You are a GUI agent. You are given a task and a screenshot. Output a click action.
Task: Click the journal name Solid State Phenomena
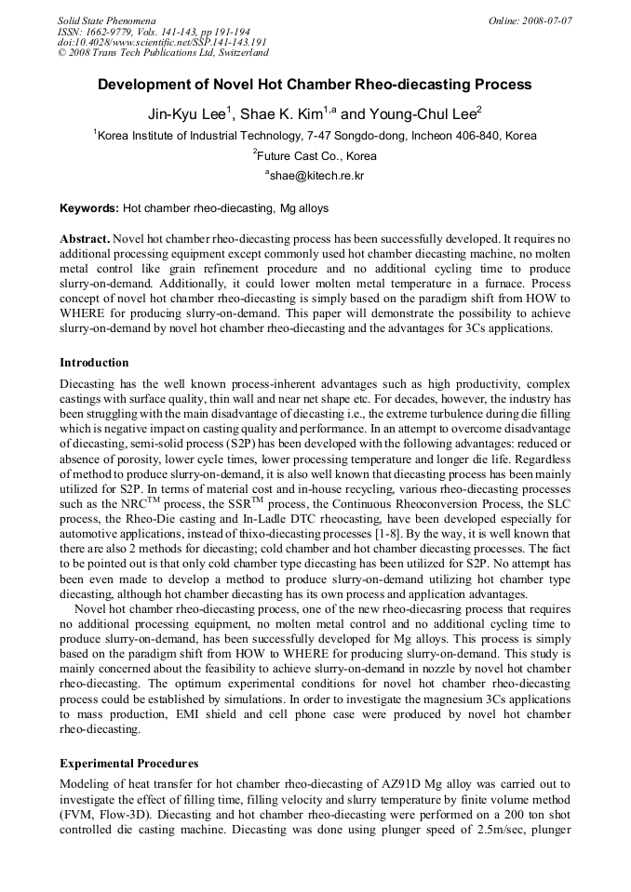tap(106, 20)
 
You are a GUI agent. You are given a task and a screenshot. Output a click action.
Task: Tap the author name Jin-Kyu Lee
tap(188, 114)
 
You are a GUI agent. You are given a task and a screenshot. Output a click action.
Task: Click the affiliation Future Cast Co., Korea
tap(316, 155)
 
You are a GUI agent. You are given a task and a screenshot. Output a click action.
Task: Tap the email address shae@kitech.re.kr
tap(316, 175)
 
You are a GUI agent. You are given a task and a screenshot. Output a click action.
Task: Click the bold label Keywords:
tap(89, 208)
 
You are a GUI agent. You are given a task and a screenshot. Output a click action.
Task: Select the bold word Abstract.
tap(84, 238)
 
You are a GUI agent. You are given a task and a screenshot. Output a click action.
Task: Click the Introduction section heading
tap(94, 362)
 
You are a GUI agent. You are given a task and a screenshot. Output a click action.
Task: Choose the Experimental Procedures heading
tap(128, 764)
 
